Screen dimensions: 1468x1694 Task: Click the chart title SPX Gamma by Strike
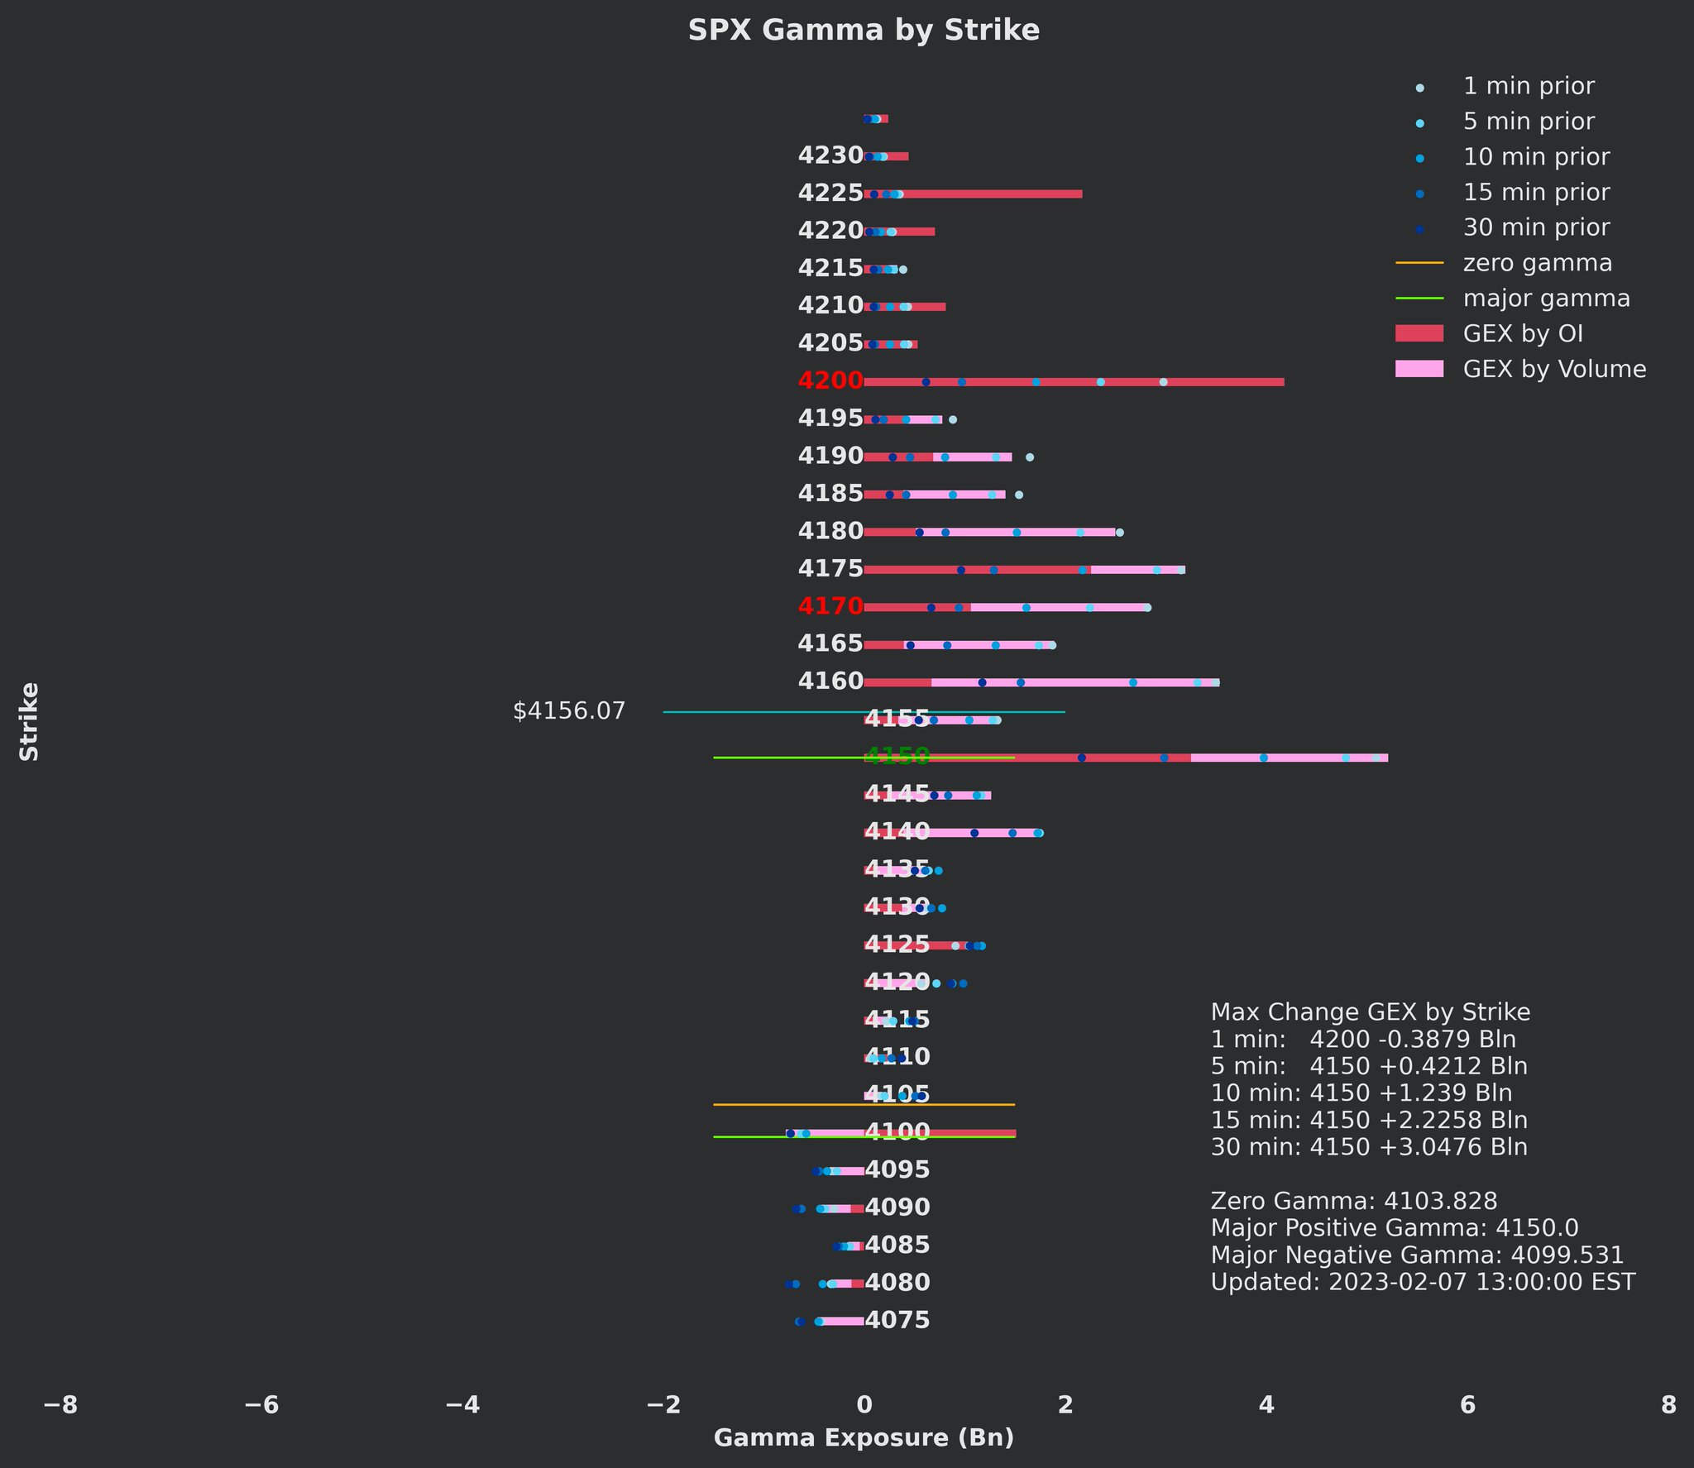coord(864,31)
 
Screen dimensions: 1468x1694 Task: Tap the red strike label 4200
coord(830,381)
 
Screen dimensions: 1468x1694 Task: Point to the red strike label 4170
coord(830,607)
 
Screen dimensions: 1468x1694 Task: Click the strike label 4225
coord(830,194)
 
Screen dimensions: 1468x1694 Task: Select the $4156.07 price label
coord(569,712)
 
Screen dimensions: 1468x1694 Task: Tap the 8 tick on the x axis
coord(1668,1405)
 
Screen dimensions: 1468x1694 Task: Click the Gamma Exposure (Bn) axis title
coord(864,1439)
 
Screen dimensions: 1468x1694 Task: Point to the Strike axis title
coord(30,721)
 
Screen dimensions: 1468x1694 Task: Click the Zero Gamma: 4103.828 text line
coord(1354,1202)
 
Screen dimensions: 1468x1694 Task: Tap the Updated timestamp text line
coord(1423,1283)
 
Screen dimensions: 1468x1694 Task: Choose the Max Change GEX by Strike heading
coord(1370,1013)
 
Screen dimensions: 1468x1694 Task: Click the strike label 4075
coord(897,1321)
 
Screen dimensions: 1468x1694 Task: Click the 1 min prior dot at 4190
coord(1030,457)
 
